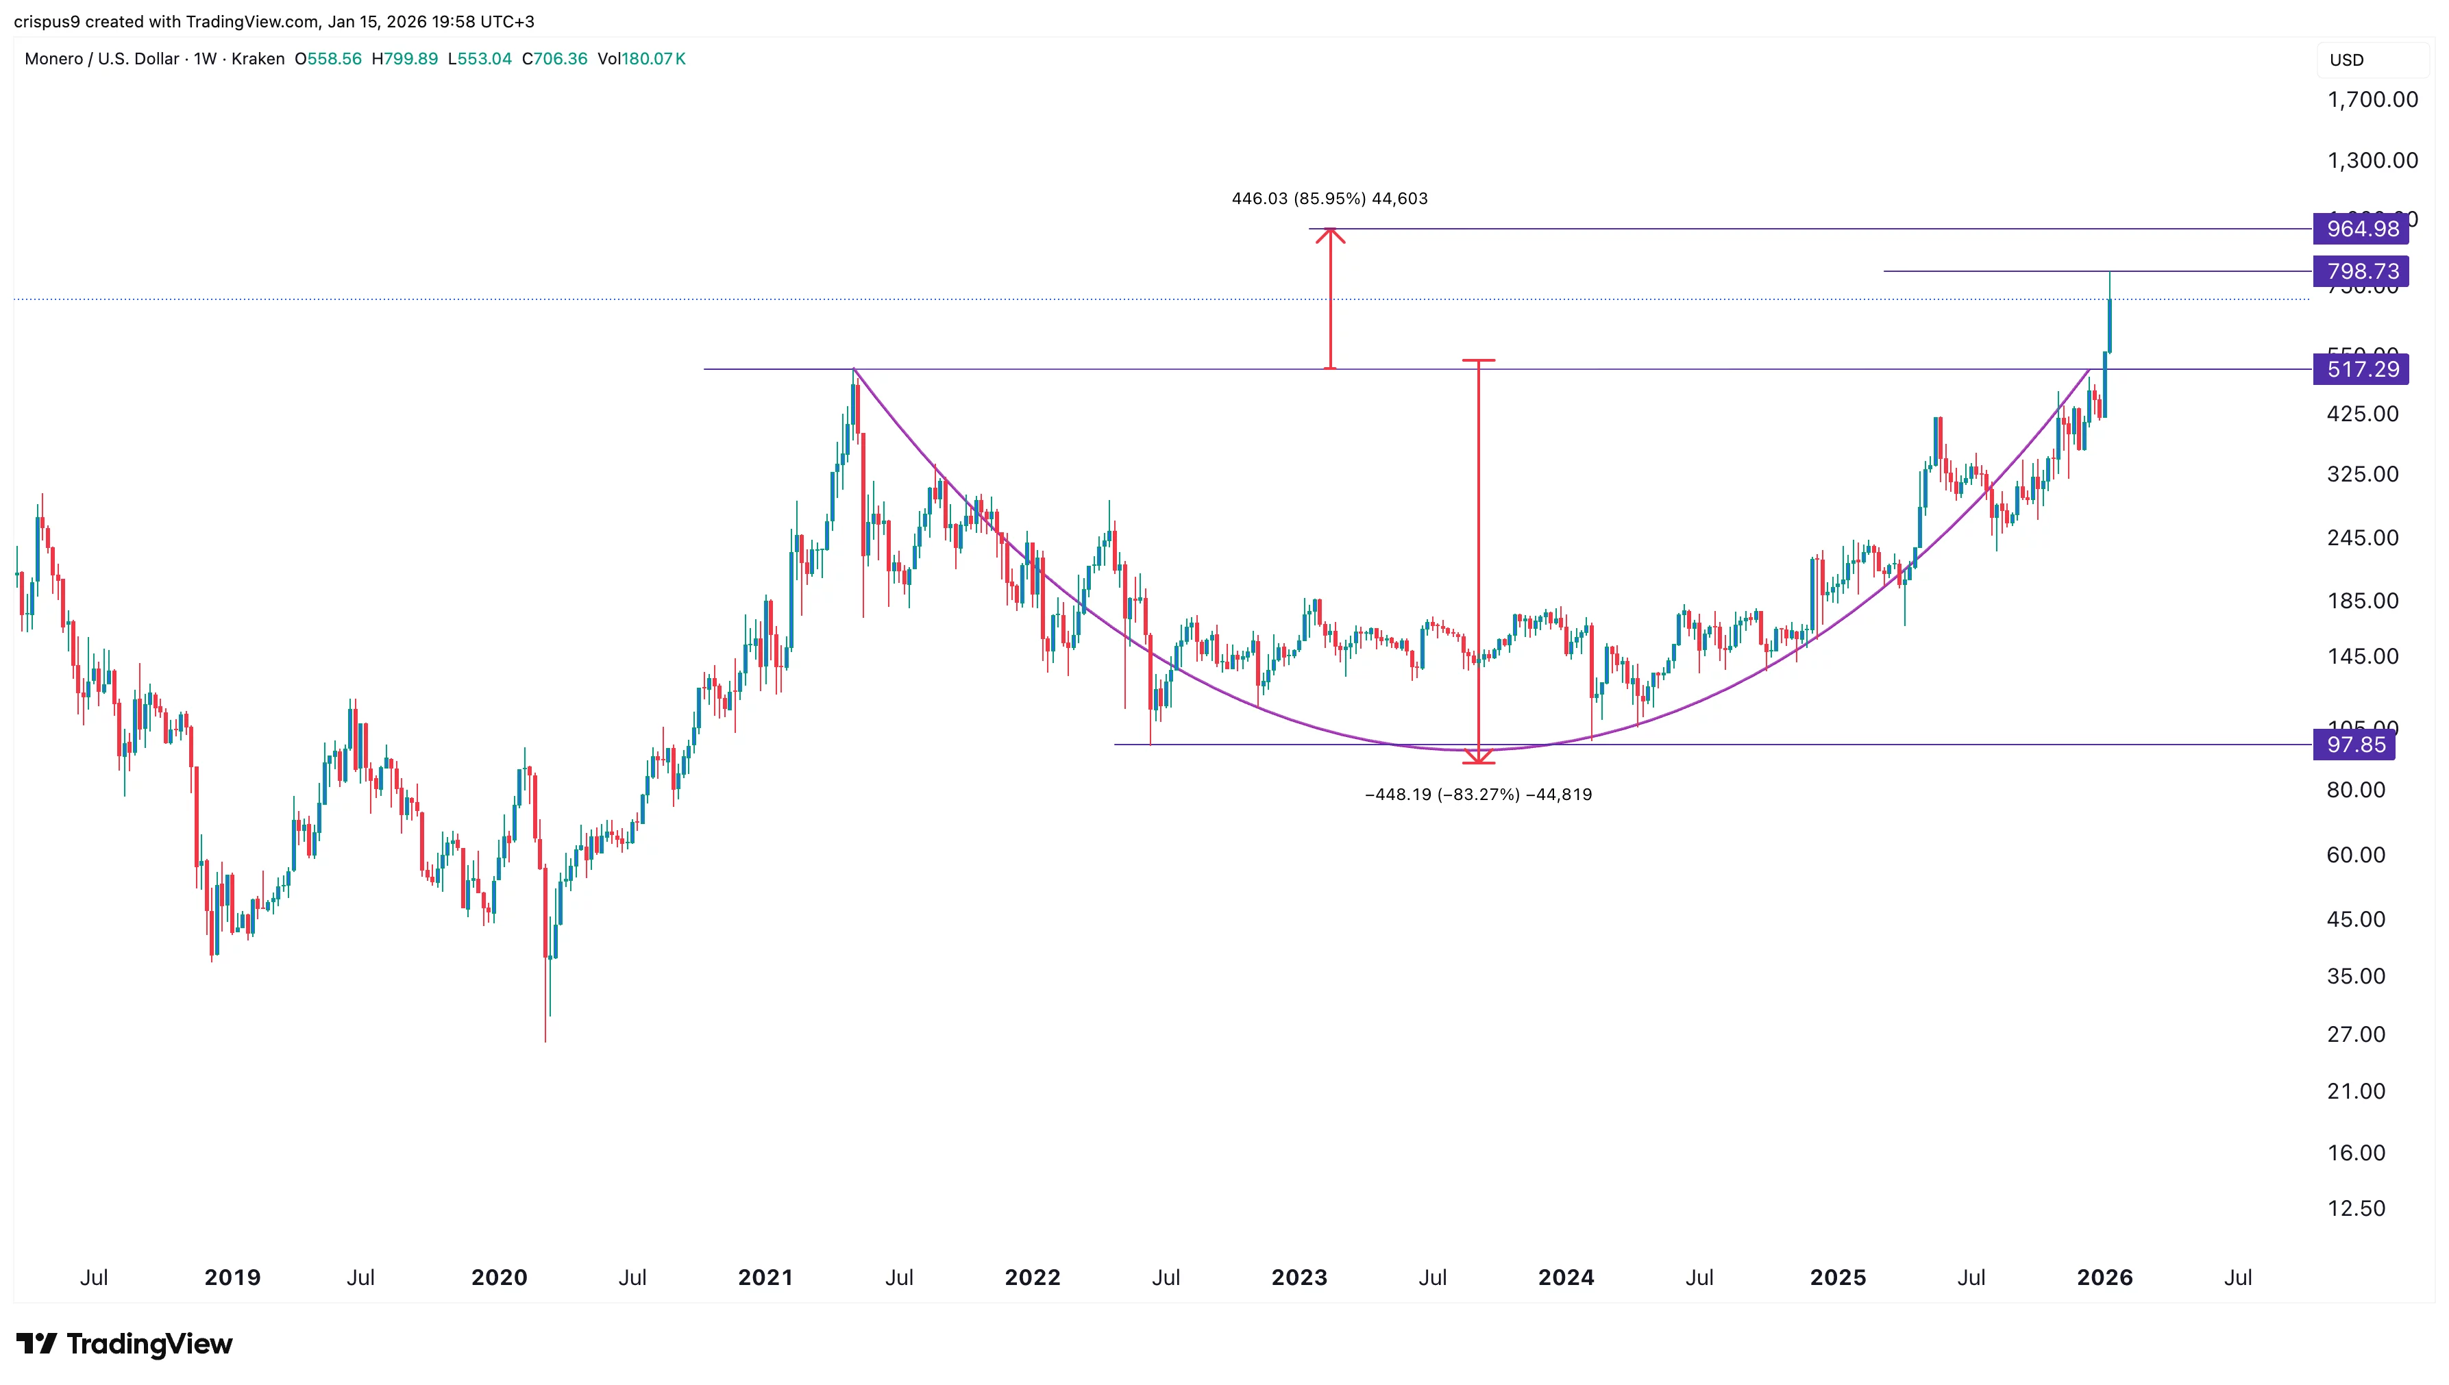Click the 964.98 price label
[x=2361, y=228]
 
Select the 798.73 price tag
[x=2361, y=271]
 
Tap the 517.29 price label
[x=2361, y=369]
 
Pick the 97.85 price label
[x=2355, y=745]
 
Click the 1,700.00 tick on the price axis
[x=2371, y=100]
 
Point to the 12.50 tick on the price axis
[x=2356, y=1208]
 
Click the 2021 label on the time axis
[x=765, y=1277]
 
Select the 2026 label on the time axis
[x=2104, y=1277]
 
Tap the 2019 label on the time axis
[x=232, y=1277]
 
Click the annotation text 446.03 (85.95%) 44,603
[x=1329, y=199]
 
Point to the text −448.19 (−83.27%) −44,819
[x=1477, y=795]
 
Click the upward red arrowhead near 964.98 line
[x=1330, y=235]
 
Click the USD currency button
[x=2346, y=60]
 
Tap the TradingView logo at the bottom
[x=125, y=1343]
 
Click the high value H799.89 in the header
[x=404, y=59]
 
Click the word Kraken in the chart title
[x=258, y=59]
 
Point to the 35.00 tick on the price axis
[x=2356, y=976]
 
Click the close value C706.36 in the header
[x=554, y=59]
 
